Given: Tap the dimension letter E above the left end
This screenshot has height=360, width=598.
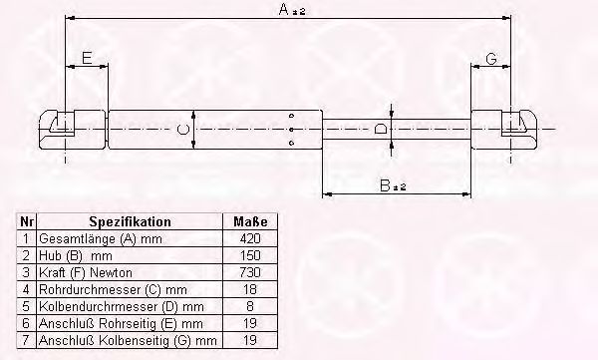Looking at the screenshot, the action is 87,58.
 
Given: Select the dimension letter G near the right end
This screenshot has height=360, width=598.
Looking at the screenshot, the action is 491,59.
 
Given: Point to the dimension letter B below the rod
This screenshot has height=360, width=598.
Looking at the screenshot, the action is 385,185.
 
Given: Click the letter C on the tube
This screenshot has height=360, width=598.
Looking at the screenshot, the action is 183,130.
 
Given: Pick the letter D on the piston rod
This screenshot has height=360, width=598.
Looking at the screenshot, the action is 381,129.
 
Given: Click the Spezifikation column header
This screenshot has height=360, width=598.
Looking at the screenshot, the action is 130,221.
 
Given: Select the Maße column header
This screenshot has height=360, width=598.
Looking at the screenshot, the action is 250,221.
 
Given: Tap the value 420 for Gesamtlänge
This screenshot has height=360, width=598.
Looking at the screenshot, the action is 250,238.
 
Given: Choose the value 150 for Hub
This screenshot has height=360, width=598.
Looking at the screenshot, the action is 250,255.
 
